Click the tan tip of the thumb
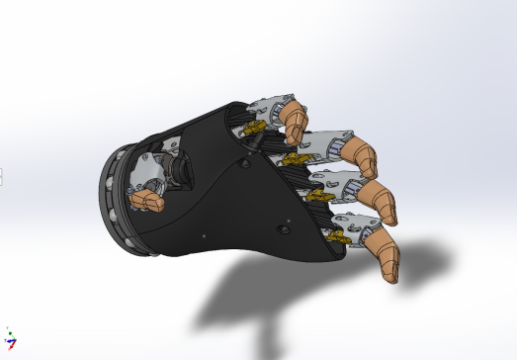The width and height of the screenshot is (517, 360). coord(149,202)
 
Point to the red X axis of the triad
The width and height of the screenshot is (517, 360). coord(14,342)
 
